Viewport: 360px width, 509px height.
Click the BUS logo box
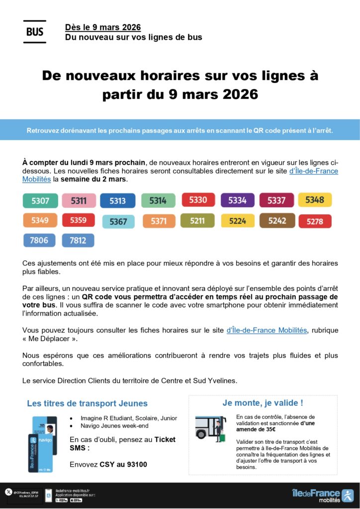click(x=34, y=32)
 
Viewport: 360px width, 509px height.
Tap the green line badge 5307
click(x=40, y=201)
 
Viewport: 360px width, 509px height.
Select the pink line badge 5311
click(x=79, y=201)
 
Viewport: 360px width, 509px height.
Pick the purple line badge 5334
click(x=237, y=200)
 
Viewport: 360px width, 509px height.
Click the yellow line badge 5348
click(x=315, y=200)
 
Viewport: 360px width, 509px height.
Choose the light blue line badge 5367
click(x=118, y=222)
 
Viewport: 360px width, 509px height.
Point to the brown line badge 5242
click(x=277, y=221)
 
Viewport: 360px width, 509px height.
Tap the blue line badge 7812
click(x=78, y=241)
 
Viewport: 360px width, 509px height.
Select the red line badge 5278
click(x=315, y=221)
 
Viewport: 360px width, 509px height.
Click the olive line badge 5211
click(x=197, y=221)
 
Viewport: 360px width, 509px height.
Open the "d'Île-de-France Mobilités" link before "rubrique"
click(x=267, y=330)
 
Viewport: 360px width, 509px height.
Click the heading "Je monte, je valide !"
click(x=263, y=403)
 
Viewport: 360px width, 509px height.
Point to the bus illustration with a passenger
click(x=210, y=428)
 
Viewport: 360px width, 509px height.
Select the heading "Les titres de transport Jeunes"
click(x=87, y=404)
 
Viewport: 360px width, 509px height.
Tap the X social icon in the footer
click(x=8, y=492)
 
